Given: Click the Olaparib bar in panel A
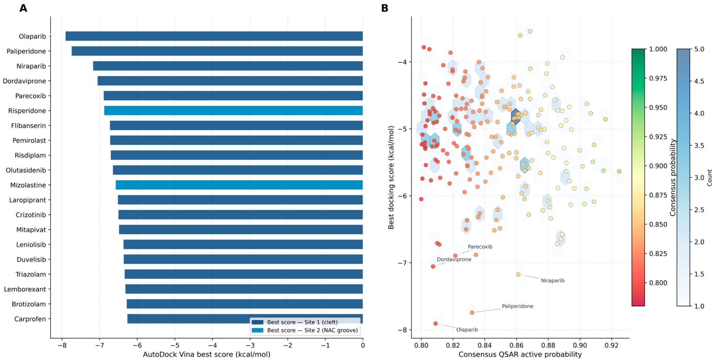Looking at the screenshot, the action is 214,36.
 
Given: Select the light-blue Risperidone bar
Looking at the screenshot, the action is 233,110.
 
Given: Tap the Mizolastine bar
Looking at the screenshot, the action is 239,185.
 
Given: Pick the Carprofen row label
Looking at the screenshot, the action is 30,319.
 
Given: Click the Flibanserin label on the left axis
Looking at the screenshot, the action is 29,126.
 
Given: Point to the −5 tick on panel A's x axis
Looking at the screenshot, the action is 174,345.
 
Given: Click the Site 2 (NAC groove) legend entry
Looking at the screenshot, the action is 305,330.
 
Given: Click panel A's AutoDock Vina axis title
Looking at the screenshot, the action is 207,354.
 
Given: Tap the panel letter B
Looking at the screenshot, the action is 385,8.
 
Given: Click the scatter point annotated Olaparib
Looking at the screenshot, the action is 435,323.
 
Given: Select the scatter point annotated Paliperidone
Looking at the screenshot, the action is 472,312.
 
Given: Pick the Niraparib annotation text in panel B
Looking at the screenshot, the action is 553,281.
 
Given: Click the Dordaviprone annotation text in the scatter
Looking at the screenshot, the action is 454,259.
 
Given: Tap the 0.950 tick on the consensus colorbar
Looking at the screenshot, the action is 658,108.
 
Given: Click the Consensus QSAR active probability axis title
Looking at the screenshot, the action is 520,354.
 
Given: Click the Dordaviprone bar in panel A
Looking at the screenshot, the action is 230,81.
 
